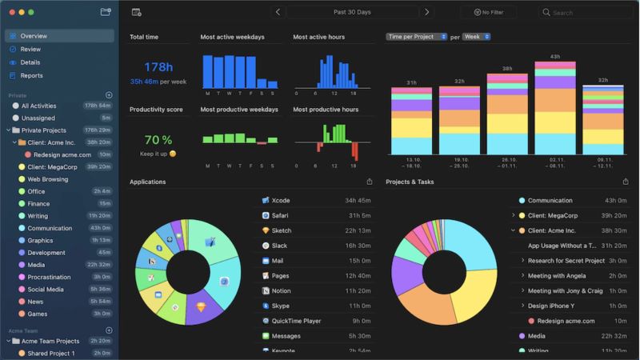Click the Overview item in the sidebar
click(34, 36)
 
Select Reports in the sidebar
click(32, 75)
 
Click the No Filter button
click(488, 13)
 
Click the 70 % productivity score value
click(158, 139)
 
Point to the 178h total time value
click(158, 67)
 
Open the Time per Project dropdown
click(416, 37)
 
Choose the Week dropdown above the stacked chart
click(476, 37)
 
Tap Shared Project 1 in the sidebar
click(51, 353)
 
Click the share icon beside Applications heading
click(369, 182)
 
